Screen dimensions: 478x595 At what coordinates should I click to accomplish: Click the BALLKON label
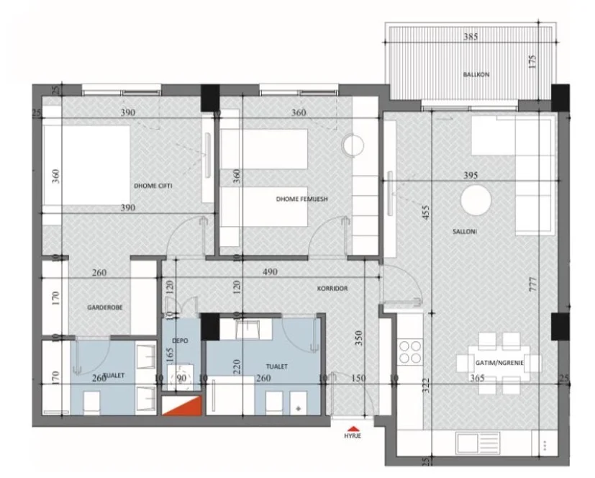pyautogui.click(x=472, y=74)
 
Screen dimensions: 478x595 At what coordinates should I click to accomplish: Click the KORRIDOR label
pyautogui.click(x=332, y=288)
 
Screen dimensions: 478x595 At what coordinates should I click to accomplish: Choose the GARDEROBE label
pyautogui.click(x=105, y=307)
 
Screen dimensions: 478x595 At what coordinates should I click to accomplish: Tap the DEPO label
pyautogui.click(x=180, y=342)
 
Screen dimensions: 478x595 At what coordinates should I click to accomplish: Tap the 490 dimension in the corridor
pyautogui.click(x=270, y=273)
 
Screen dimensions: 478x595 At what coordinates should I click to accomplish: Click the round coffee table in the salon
pyautogui.click(x=477, y=200)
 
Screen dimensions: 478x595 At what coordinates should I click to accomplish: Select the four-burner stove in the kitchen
pyautogui.click(x=410, y=353)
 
